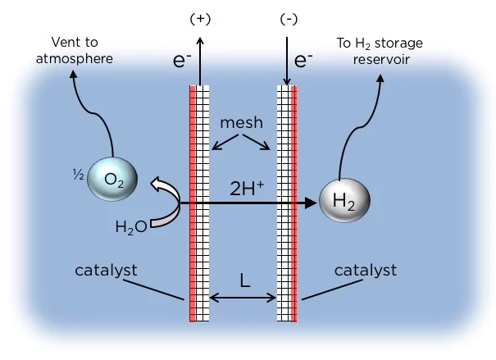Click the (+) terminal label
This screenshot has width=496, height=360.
[x=198, y=17]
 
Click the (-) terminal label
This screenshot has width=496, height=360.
[x=288, y=17]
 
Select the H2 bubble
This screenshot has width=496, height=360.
[x=345, y=198]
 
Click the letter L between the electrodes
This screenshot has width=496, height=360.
[x=244, y=280]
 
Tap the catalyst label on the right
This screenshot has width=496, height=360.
[x=366, y=270]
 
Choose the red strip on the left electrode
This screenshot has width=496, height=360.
[x=193, y=205]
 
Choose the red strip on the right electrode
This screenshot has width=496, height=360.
[x=294, y=205]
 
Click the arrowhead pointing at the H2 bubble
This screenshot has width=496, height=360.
[x=312, y=202]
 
